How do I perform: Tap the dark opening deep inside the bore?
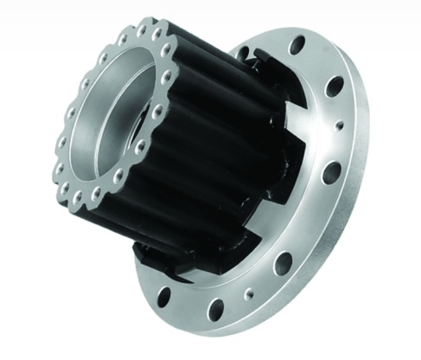pos(139,130)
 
